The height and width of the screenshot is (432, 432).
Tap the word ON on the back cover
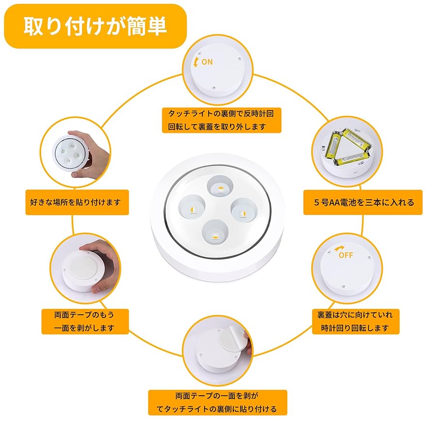pyautogui.click(x=207, y=62)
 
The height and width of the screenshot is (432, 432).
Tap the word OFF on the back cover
pyautogui.click(x=346, y=255)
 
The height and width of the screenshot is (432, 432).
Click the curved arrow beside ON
pyautogui.click(x=196, y=61)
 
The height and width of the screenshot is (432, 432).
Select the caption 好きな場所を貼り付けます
pyautogui.click(x=77, y=202)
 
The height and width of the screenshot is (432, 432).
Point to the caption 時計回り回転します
pyautogui.click(x=357, y=328)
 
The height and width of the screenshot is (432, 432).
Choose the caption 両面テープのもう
pyautogui.click(x=85, y=315)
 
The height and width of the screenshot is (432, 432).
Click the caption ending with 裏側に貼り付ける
pyautogui.click(x=217, y=409)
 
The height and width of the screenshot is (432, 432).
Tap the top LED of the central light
pyautogui.click(x=220, y=188)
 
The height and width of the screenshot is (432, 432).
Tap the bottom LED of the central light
pyautogui.click(x=215, y=233)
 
